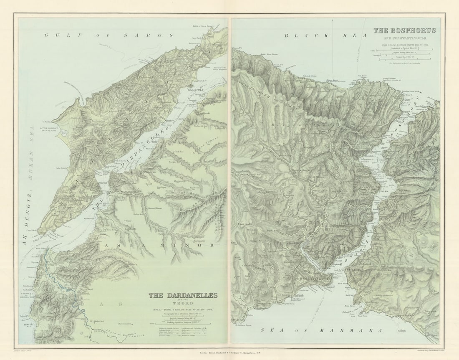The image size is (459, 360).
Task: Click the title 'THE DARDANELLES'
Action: click(x=183, y=295)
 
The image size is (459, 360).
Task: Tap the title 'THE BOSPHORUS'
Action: click(x=404, y=30)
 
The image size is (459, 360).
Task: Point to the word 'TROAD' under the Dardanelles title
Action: click(x=184, y=303)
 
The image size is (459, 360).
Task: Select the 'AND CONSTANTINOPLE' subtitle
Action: click(x=405, y=37)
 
